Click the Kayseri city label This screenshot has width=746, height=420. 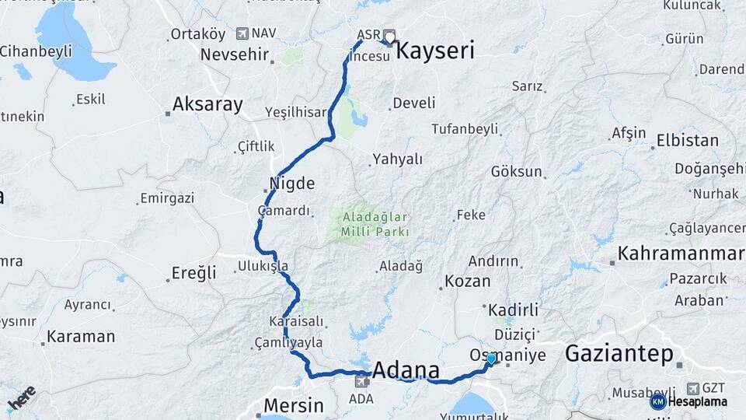point(435,51)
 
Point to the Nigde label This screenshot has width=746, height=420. point(291,184)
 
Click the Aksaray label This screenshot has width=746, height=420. point(207,104)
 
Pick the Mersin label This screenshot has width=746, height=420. point(293,405)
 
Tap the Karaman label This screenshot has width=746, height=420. point(81,337)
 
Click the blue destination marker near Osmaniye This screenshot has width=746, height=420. point(491,359)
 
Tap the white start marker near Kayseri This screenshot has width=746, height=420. point(389,36)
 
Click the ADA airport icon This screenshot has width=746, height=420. point(361,381)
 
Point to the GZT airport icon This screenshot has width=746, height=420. point(692,387)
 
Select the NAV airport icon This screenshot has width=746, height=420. point(242,33)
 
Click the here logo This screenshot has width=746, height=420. point(21,397)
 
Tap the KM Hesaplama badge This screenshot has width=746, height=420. point(688,401)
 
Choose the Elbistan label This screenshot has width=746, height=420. point(687,141)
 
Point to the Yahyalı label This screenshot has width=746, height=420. point(397,159)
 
